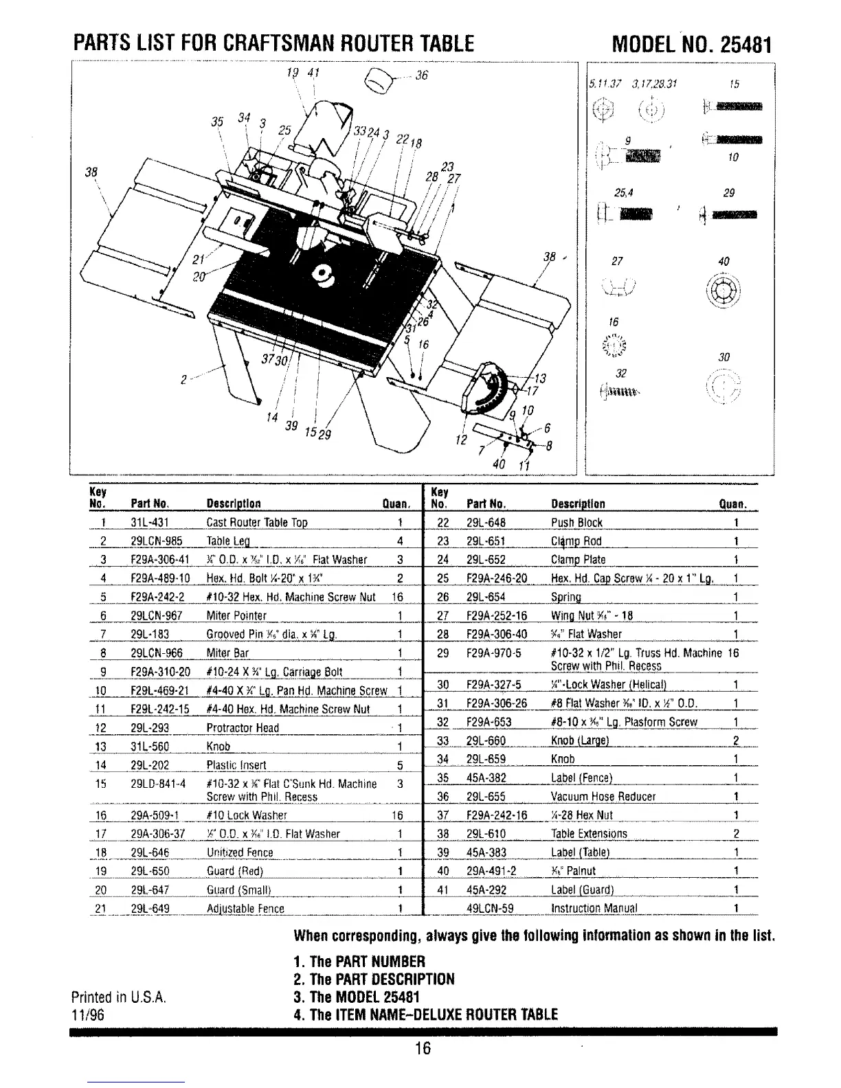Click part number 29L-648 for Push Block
486,523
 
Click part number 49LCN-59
490,908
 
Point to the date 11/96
87,1015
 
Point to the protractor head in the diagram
492,392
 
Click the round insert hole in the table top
321,275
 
